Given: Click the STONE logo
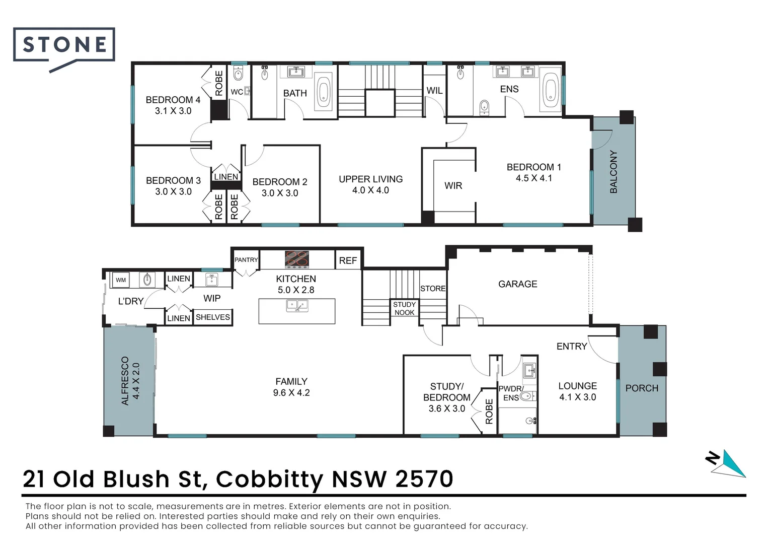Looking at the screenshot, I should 64,45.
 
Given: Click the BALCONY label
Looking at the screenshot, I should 613,172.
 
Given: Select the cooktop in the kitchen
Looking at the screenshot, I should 296,259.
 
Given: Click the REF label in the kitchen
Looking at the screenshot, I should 348,260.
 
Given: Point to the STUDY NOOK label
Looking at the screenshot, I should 405,308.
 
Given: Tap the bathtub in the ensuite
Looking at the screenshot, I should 551,91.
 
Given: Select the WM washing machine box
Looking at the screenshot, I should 121,280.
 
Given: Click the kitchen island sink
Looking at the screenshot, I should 296,305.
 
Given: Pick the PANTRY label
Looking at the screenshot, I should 246,260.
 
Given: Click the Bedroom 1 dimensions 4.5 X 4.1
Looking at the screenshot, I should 533,178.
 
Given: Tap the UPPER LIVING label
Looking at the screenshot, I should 370,179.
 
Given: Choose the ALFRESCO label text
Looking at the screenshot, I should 125,381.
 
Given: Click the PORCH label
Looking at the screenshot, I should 642,388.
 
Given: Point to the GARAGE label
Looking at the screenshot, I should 517,284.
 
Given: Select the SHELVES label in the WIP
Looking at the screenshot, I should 213,317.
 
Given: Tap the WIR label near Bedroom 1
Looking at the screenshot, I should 453,186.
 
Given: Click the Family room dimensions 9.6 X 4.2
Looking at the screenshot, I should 291,393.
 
